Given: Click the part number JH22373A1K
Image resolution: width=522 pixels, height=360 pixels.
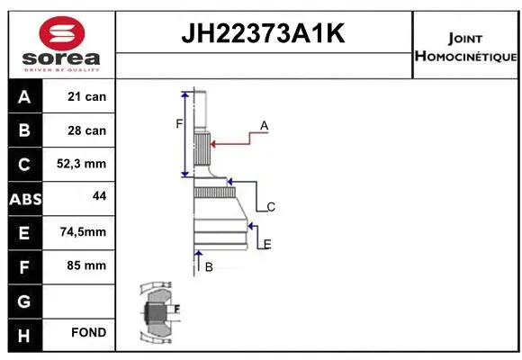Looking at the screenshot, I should pyautogui.click(x=264, y=34).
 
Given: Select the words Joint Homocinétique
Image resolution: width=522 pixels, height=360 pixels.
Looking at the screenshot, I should pyautogui.click(x=466, y=48).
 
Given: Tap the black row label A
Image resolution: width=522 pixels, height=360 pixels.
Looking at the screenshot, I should pyautogui.click(x=23, y=96).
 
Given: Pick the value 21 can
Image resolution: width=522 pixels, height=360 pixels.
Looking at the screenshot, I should pyautogui.click(x=87, y=96).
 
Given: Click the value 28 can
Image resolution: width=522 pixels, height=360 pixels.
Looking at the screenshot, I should pyautogui.click(x=87, y=130).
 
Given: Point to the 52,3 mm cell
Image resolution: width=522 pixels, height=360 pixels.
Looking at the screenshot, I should pyautogui.click(x=84, y=164).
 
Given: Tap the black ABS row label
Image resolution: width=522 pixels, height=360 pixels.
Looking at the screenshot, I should pyautogui.click(x=23, y=198).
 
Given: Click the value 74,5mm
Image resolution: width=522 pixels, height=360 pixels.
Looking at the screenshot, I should pyautogui.click(x=83, y=231).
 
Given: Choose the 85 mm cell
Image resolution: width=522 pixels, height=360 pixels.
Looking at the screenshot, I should pyautogui.click(x=87, y=265).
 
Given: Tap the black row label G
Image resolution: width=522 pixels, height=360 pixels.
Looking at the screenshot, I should pyautogui.click(x=23, y=299).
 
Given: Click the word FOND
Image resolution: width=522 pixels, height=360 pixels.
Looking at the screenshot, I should pyautogui.click(x=89, y=332).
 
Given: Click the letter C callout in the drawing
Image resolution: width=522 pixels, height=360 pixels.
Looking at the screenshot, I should pyautogui.click(x=270, y=207).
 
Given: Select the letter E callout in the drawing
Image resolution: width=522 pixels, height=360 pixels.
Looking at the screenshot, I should pyautogui.click(x=267, y=244).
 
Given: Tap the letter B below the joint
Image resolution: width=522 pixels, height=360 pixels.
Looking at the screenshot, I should pyautogui.click(x=209, y=266).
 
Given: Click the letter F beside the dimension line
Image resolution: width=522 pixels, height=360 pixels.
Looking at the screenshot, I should pyautogui.click(x=179, y=123).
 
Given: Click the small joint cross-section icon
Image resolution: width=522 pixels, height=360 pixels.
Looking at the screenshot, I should pyautogui.click(x=157, y=312).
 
